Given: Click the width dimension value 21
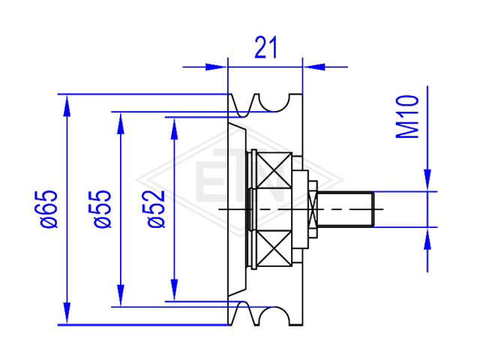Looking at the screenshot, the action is (x=265, y=47).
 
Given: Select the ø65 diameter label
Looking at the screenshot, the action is (x=49, y=209).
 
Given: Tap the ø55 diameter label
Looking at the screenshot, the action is (x=103, y=209).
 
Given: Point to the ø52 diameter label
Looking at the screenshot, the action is (x=156, y=209).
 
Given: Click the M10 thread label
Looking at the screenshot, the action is (x=407, y=117).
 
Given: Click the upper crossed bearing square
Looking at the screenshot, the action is (x=274, y=170).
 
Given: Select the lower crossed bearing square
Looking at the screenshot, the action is (x=274, y=248).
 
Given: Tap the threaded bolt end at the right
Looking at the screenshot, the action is (x=345, y=209).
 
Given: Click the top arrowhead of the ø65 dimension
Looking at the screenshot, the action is (x=67, y=106).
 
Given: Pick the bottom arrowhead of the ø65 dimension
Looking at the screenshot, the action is (x=67, y=313).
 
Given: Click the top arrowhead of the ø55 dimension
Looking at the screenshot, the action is (x=121, y=123).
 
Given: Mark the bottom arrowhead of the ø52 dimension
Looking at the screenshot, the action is (x=174, y=290).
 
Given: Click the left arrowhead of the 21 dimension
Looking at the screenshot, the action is (x=217, y=67).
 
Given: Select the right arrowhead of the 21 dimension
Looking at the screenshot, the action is (x=313, y=67).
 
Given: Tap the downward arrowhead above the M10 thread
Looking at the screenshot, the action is (x=427, y=180).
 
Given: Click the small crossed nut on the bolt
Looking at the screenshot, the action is (x=313, y=209).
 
